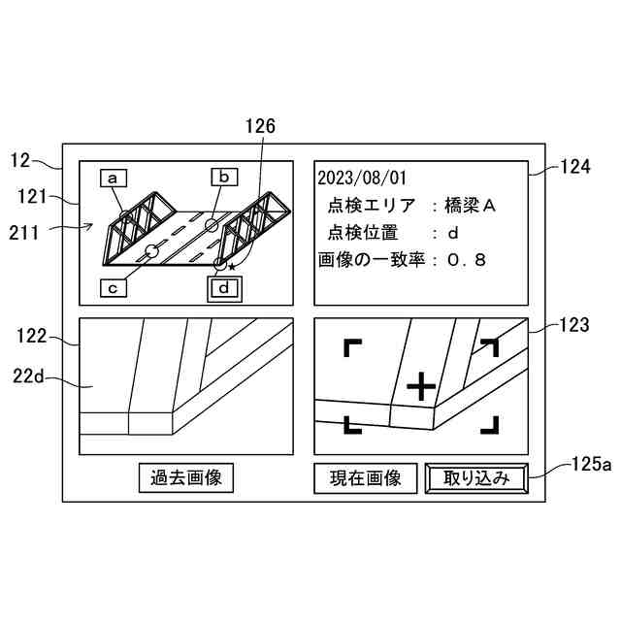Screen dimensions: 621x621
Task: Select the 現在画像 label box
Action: [x=365, y=478]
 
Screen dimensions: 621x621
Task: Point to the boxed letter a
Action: [x=114, y=178]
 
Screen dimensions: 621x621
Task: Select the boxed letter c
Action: [x=114, y=287]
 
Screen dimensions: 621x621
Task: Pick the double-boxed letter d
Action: [x=224, y=288]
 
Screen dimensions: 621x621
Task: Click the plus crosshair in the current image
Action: [x=420, y=387]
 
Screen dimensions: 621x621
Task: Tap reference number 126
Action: [x=260, y=126]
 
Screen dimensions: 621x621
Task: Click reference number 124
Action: [x=575, y=166]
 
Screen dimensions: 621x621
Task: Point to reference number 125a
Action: [x=590, y=465]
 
